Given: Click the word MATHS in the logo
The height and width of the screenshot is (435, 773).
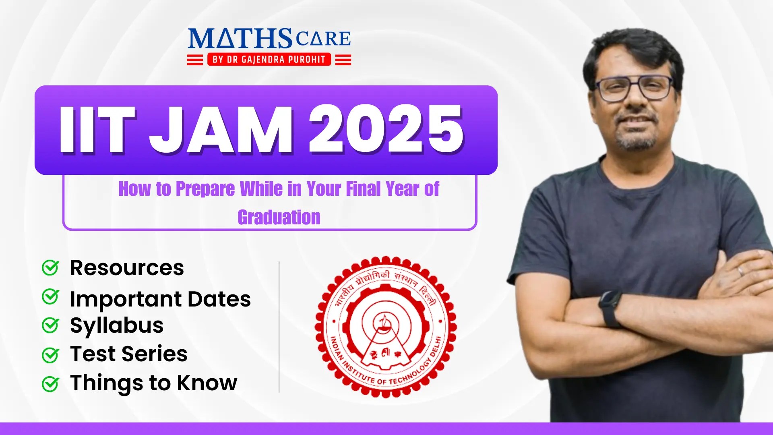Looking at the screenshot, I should (x=240, y=39).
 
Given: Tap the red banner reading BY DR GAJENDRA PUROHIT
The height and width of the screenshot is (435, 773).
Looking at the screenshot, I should (x=269, y=60).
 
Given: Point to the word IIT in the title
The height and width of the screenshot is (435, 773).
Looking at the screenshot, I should (x=97, y=130).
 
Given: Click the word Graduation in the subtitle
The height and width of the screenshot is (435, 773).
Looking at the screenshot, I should (x=279, y=217).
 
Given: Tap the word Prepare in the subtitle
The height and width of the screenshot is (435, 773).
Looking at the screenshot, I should (x=205, y=189).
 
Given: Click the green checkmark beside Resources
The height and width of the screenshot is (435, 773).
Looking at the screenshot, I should (x=51, y=267).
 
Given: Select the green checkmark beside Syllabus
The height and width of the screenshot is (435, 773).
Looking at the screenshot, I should (x=51, y=325).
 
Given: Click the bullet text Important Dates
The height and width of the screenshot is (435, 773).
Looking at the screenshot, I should (x=160, y=299).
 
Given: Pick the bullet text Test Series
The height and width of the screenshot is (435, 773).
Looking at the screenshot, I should (x=129, y=354).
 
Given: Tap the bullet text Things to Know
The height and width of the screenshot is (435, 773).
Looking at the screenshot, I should (x=153, y=383).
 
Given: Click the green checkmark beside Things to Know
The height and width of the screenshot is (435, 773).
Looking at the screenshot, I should (x=51, y=383).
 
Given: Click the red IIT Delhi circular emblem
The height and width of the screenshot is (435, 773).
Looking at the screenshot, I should (x=385, y=327).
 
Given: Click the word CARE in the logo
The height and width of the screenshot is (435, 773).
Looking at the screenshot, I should (x=323, y=39).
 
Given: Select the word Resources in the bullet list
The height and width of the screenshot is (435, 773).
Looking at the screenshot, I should (x=127, y=268).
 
